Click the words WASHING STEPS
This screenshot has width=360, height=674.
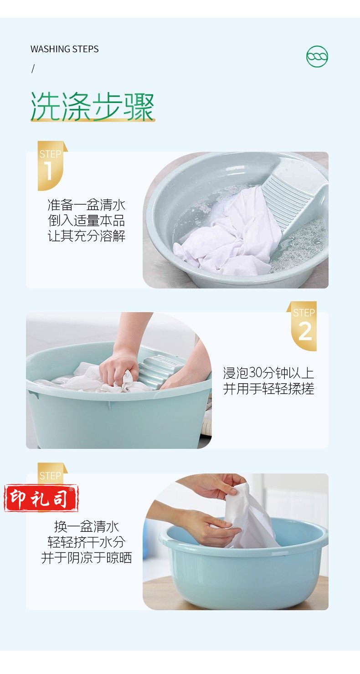pos(64,49)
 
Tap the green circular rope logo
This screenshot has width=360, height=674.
pos(317,57)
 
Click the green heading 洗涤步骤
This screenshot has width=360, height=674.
pos(93,107)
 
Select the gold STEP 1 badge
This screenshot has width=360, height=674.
pos(51,165)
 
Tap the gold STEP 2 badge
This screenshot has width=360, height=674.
pos(302,326)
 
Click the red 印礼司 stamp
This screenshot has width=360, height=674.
pos(41,498)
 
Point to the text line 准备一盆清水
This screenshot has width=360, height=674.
pos(87,205)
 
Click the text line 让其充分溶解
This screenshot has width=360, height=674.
pos(87,236)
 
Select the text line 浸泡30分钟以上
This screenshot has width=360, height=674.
pos(268,373)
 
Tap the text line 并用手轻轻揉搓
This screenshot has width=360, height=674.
pos(268,388)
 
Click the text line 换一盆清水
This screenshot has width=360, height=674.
pos(87,526)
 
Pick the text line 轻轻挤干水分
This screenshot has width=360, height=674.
pos(87,542)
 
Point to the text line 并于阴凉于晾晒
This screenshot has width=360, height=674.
pos(87,558)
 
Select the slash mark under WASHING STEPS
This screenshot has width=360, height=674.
pos(33,69)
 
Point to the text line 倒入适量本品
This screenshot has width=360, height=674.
pos(87,220)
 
